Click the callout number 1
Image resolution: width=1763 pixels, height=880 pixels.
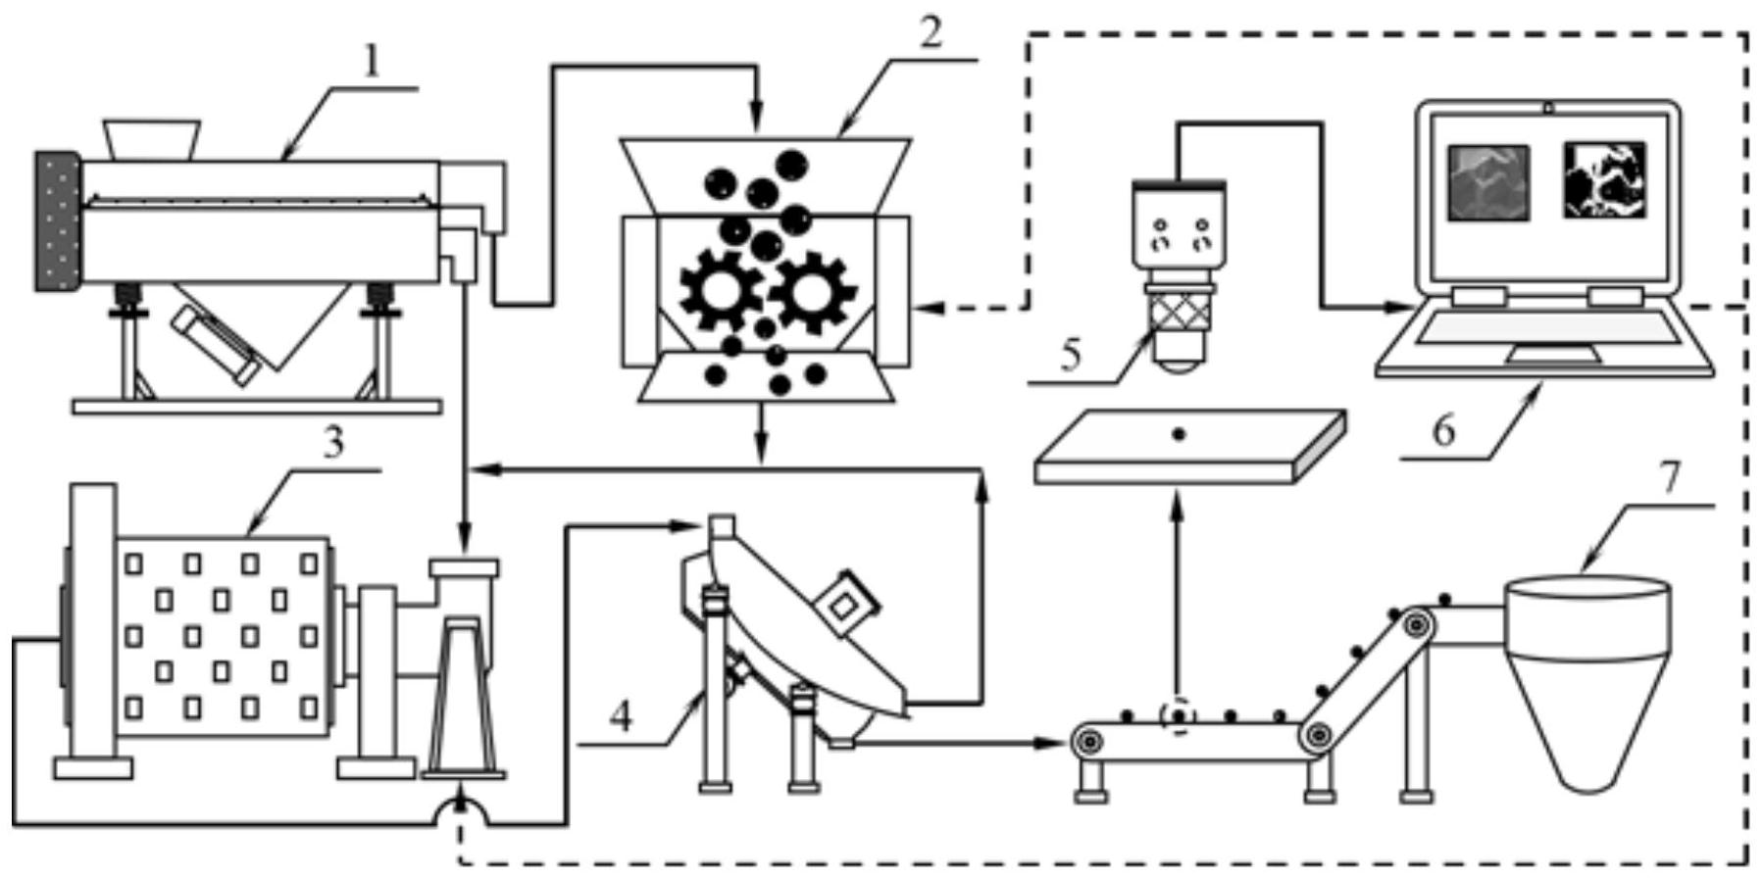point(371,61)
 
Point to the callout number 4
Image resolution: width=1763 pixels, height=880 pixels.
point(621,716)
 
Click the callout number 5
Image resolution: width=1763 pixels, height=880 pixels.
point(1070,353)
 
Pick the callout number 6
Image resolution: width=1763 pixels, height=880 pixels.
point(1443,430)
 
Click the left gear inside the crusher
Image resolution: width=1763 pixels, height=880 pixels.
point(721,290)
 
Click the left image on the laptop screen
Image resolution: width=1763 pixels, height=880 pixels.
point(1488,181)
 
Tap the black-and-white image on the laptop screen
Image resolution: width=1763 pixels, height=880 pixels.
point(1605,180)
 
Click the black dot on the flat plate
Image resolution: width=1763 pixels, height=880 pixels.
point(1179,433)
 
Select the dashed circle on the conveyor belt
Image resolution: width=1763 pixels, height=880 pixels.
point(1178,716)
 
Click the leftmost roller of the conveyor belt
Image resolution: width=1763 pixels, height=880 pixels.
point(1086,741)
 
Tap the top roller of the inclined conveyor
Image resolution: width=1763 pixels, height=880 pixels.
point(1415,623)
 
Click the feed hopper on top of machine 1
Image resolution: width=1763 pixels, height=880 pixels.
point(152,140)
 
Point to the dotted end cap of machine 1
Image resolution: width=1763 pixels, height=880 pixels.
point(57,220)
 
